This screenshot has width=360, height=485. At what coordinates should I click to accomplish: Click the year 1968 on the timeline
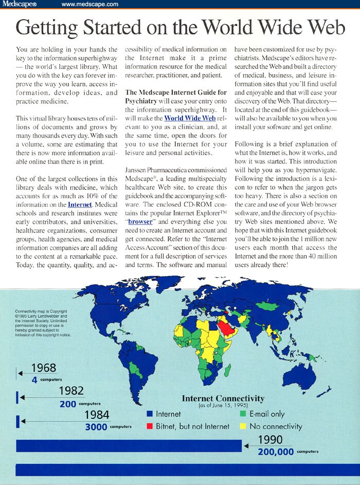click(x=44, y=368)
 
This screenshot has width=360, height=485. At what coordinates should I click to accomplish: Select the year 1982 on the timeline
click(x=71, y=390)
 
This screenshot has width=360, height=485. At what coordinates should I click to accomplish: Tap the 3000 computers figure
click(x=96, y=426)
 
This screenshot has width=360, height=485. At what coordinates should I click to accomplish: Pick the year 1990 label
click(x=270, y=440)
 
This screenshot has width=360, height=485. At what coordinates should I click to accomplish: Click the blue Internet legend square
click(x=150, y=414)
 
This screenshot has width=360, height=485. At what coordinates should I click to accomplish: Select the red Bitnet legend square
click(x=150, y=426)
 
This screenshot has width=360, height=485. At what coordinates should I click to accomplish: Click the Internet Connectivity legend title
click(x=223, y=399)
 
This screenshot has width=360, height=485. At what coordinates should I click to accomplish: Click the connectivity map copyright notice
click(x=44, y=323)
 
